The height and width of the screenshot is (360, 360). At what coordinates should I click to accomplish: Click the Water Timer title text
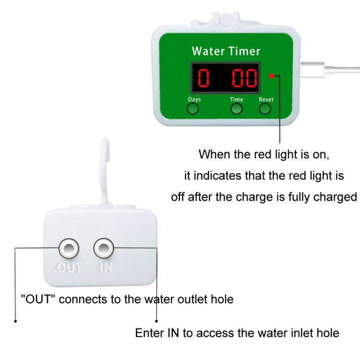click(226, 51)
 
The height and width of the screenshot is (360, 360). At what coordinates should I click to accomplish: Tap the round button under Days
click(192, 109)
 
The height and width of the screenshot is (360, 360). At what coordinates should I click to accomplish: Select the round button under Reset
click(265, 109)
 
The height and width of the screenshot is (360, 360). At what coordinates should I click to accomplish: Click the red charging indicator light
click(272, 76)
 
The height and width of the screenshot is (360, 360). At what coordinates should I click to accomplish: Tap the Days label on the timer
click(194, 99)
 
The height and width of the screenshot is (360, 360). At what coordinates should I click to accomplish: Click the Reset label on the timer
click(266, 99)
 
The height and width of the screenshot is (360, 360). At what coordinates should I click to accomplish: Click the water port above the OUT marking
click(69, 248)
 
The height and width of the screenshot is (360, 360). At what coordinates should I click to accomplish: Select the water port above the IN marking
click(104, 248)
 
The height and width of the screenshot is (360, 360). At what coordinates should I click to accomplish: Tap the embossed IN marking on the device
click(105, 267)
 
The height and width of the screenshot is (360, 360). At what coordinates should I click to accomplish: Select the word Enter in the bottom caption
click(149, 332)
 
